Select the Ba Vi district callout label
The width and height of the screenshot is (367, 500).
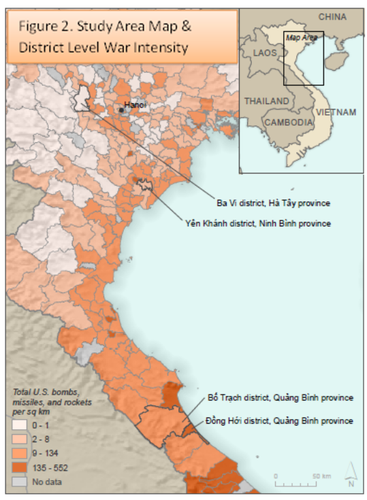tap(274, 203)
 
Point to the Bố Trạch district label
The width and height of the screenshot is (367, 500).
tap(281, 398)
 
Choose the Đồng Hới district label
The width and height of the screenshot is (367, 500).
tap(281, 420)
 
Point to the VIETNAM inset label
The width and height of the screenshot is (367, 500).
tap(336, 112)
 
